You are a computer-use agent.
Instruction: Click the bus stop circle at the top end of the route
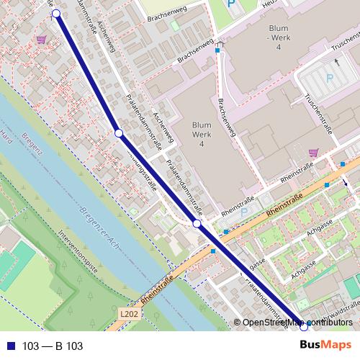click(56, 13)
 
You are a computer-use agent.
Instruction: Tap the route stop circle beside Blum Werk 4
click(119, 133)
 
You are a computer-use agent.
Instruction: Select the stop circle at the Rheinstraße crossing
click(197, 225)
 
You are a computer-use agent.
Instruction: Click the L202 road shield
click(129, 314)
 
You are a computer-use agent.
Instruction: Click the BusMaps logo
click(325, 346)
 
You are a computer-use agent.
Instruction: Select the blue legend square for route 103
click(9, 346)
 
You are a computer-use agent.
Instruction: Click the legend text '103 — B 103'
click(53, 346)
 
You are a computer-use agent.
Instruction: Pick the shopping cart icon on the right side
click(312, 153)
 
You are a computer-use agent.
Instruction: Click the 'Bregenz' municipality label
click(31, 153)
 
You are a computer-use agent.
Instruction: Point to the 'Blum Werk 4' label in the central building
click(202, 134)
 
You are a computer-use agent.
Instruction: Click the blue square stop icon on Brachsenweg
click(217, 50)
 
